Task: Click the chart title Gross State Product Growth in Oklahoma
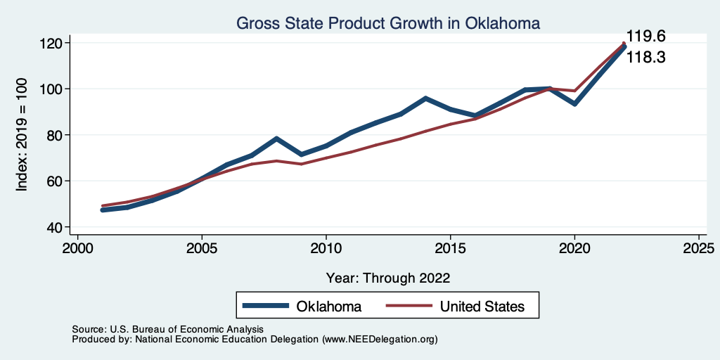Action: pyautogui.click(x=388, y=23)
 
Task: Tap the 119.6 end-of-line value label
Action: pyautogui.click(x=645, y=36)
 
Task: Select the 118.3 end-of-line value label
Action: pyautogui.click(x=645, y=58)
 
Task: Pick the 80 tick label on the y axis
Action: pyautogui.click(x=57, y=135)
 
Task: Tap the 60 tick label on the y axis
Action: pyautogui.click(x=57, y=181)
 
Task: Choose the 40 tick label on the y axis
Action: pyautogui.click(x=57, y=227)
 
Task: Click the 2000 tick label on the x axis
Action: pyautogui.click(x=78, y=249)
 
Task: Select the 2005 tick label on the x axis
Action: pyautogui.click(x=202, y=249)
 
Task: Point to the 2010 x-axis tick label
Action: pyautogui.click(x=326, y=249)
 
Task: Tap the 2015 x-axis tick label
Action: pyautogui.click(x=451, y=249)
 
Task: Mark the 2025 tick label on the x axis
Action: pyautogui.click(x=699, y=249)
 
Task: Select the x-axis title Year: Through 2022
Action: pyautogui.click(x=388, y=277)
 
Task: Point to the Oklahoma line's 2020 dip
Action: pyautogui.click(x=575, y=103)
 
